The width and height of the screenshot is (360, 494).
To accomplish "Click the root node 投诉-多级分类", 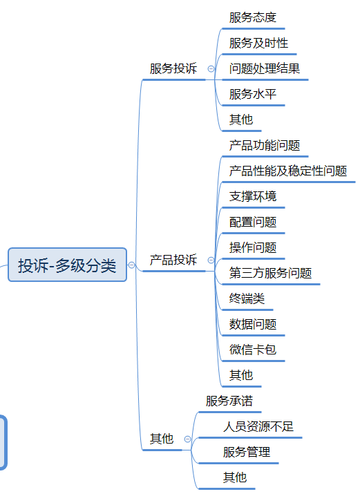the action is pyautogui.click(x=67, y=265).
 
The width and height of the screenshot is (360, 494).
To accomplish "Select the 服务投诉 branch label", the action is pyautogui.click(x=173, y=68).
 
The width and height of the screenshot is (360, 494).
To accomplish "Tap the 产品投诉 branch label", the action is pyautogui.click(x=173, y=260).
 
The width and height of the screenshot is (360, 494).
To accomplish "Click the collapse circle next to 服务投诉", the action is pyautogui.click(x=211, y=68).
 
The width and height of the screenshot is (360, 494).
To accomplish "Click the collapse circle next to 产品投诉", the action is pyautogui.click(x=211, y=260).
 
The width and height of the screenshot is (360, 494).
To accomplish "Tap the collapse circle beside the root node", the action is pyautogui.click(x=132, y=265).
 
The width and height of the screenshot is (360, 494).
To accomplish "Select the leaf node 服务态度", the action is pyautogui.click(x=253, y=17).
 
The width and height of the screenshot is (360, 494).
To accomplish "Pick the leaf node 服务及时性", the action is pyautogui.click(x=258, y=43).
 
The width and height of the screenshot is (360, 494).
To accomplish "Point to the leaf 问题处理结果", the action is pyautogui.click(x=265, y=68).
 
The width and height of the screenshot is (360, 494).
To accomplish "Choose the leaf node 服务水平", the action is pyautogui.click(x=253, y=94).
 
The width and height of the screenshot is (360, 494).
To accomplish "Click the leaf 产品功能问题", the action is pyautogui.click(x=265, y=145).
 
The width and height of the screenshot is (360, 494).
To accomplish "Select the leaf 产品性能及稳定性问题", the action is pyautogui.click(x=288, y=171).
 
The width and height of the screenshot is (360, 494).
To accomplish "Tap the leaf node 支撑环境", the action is pyautogui.click(x=253, y=196).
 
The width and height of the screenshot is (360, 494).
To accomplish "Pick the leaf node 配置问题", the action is pyautogui.click(x=253, y=222).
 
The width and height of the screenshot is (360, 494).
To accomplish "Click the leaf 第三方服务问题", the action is pyautogui.click(x=270, y=273).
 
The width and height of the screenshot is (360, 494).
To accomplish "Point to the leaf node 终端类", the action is pyautogui.click(x=247, y=298).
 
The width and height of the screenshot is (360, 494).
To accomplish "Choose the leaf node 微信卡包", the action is pyautogui.click(x=253, y=350).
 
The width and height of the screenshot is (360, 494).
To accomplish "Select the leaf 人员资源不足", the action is pyautogui.click(x=258, y=426).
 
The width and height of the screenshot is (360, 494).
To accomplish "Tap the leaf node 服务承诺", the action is pyautogui.click(x=229, y=401).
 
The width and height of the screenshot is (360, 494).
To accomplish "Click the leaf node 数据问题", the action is pyautogui.click(x=253, y=324).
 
